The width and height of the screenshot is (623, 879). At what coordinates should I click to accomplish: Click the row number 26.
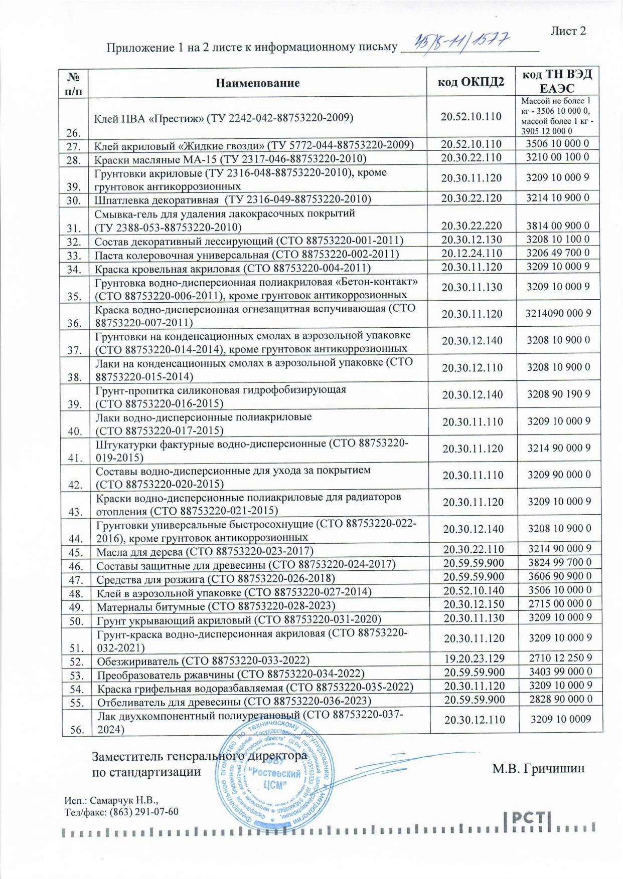[73, 133]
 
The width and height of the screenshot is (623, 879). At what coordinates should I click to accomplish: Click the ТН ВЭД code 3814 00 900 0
[558, 226]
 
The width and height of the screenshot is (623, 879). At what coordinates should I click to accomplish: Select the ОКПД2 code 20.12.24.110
[472, 253]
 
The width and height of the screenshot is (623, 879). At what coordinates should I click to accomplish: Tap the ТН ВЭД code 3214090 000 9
[558, 314]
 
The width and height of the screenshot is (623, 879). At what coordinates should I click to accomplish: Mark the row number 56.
[76, 730]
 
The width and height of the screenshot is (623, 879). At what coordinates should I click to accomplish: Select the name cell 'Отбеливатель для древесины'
[234, 701]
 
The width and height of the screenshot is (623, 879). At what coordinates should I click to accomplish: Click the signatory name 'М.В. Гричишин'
[538, 768]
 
